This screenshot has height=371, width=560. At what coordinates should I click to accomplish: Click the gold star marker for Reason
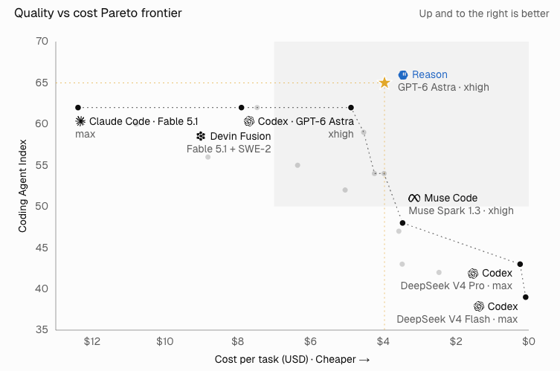point(384,83)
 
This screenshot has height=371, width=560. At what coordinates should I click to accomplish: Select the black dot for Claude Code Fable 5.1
point(78,108)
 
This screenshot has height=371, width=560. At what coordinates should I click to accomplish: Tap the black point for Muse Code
point(402,223)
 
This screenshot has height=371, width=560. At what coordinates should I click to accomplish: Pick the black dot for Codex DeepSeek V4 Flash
point(525,297)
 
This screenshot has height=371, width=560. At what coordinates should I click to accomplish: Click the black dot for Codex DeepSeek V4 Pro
point(520,264)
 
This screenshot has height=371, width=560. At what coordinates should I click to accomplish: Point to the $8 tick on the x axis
point(237,342)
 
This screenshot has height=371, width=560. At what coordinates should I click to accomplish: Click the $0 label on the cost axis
point(529,342)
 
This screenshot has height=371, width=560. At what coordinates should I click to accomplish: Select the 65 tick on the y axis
point(42,83)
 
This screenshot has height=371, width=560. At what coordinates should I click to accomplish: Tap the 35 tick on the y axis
point(42,329)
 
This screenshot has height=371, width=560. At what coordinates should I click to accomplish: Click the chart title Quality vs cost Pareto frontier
point(98,13)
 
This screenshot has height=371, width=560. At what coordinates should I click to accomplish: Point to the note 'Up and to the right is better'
point(484,13)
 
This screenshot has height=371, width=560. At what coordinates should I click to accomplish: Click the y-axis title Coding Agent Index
point(22,186)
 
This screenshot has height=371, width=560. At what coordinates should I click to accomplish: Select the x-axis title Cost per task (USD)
point(261,359)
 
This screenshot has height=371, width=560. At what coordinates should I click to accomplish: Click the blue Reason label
point(430,74)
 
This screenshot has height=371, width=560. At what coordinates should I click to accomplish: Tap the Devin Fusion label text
point(240,136)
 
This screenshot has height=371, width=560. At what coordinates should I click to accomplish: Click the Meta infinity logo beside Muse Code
point(414,198)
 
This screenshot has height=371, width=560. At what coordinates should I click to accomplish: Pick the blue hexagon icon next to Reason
point(403,74)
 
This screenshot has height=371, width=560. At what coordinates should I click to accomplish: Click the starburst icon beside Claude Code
point(80,121)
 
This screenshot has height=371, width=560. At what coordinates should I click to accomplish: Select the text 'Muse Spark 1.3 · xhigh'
point(461,210)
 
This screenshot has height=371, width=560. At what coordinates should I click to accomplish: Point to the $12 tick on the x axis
point(91,342)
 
